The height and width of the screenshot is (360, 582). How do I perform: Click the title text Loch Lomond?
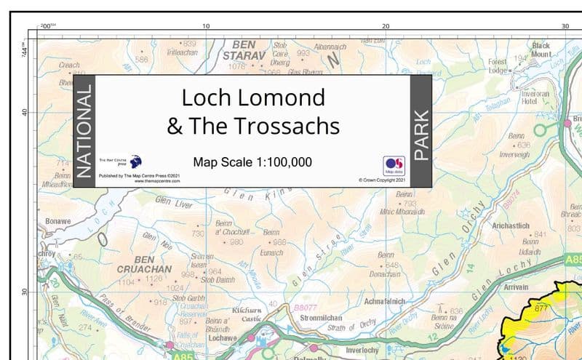[252, 97]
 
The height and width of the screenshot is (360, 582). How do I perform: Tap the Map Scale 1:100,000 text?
[252, 163]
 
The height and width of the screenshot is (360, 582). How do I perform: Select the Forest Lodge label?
[498, 66]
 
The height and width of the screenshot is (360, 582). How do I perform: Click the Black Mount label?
[541, 49]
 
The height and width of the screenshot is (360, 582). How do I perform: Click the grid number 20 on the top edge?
[386, 26]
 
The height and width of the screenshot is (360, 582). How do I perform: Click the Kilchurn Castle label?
[246, 314]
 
